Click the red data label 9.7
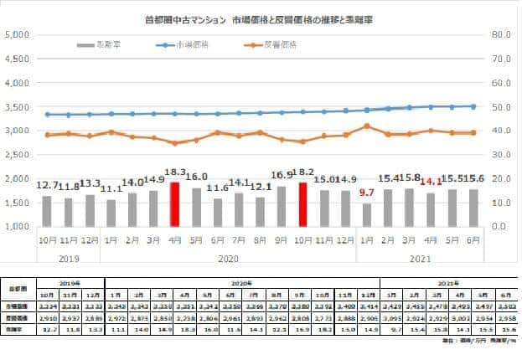point(368,193)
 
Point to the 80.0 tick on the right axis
point(500,34)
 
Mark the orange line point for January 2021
point(367,126)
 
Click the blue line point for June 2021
point(474,106)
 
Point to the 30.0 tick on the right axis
point(500,154)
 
